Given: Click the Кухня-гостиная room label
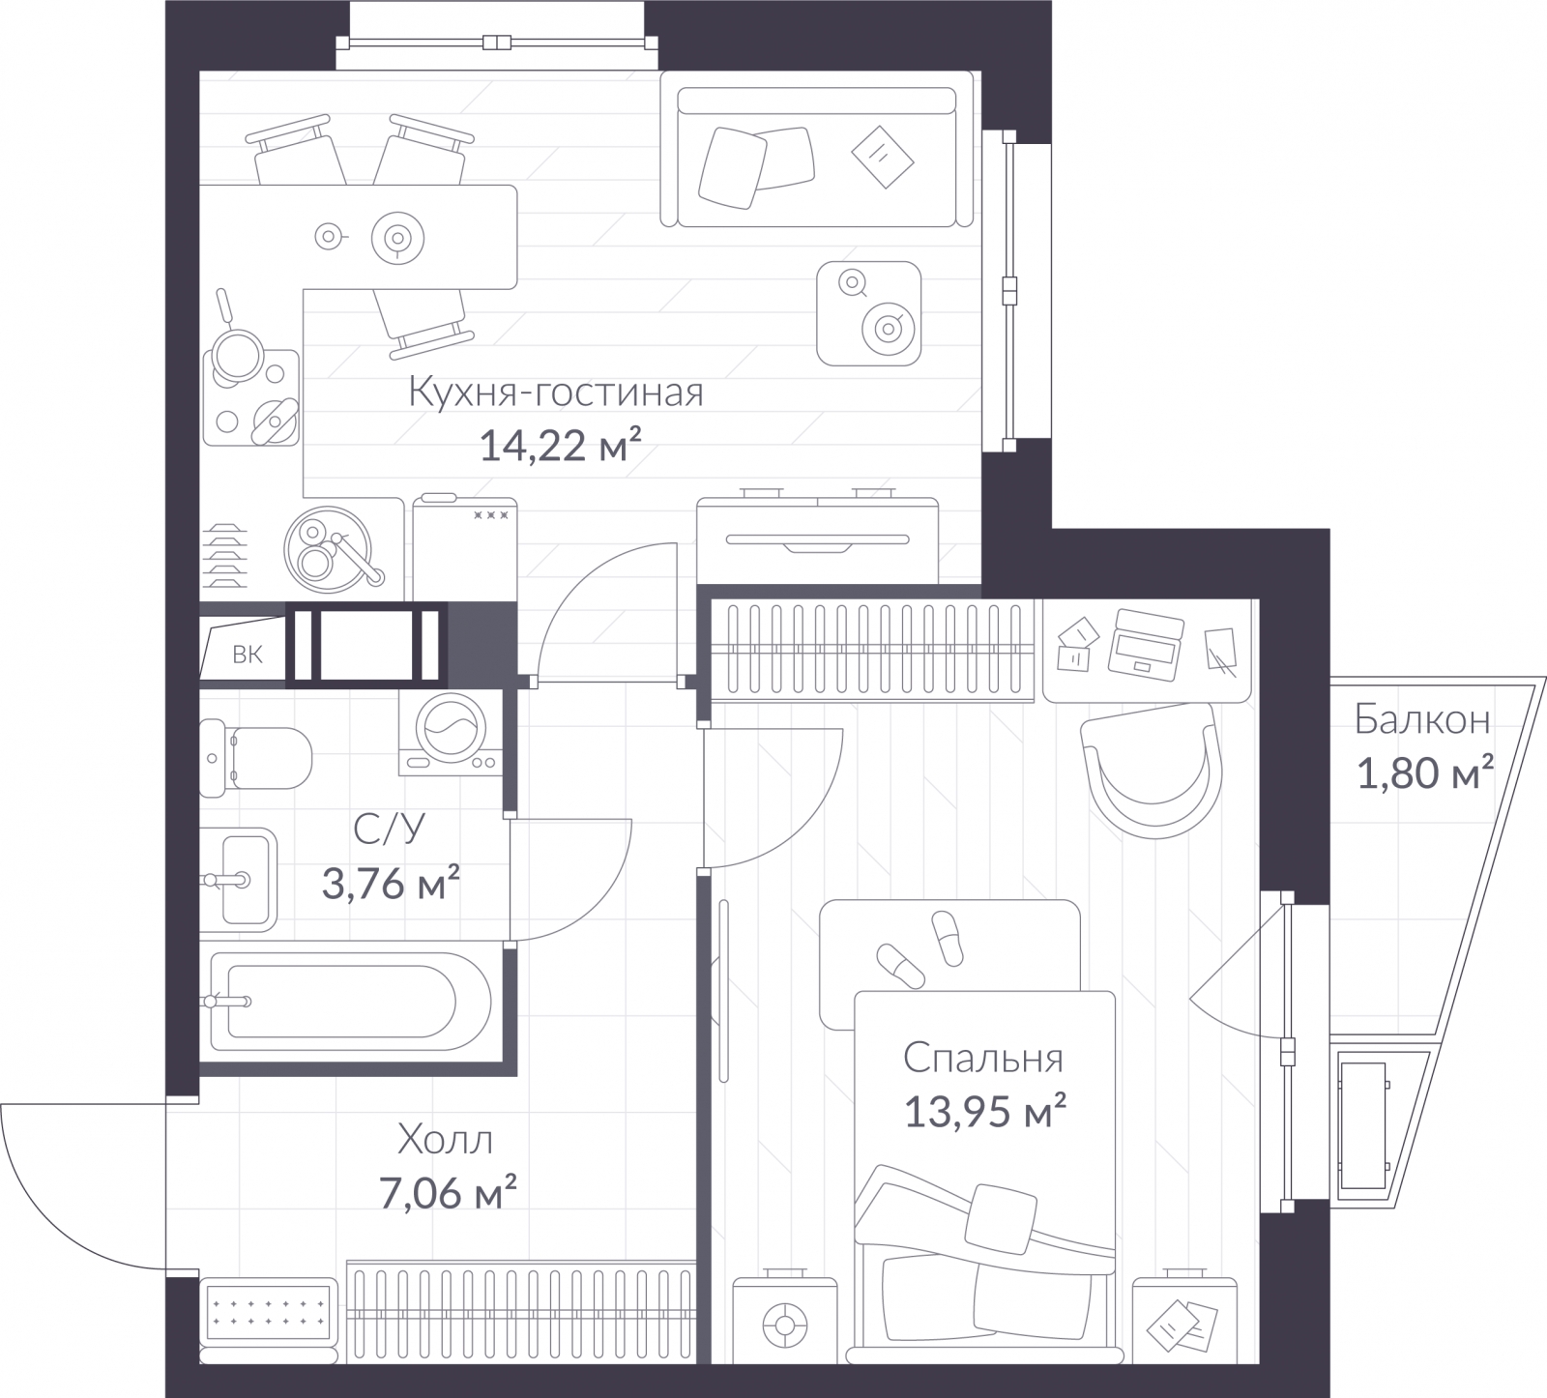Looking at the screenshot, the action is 556,393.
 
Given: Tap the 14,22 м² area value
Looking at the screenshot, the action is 561,447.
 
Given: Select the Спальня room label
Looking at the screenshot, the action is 983,1059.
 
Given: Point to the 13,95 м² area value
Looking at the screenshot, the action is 985,1112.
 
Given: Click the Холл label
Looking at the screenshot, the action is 446,1141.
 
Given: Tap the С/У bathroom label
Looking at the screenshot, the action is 390,829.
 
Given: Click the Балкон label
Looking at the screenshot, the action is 1421,720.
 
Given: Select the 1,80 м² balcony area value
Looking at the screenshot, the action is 1426,773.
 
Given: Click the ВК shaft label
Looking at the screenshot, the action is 248,655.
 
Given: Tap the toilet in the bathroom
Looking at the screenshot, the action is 256,757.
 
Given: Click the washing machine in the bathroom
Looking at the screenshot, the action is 451,732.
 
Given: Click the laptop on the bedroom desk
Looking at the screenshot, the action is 1148,643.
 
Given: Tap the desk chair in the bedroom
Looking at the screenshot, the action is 1152,771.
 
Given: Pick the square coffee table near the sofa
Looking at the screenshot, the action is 868,313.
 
